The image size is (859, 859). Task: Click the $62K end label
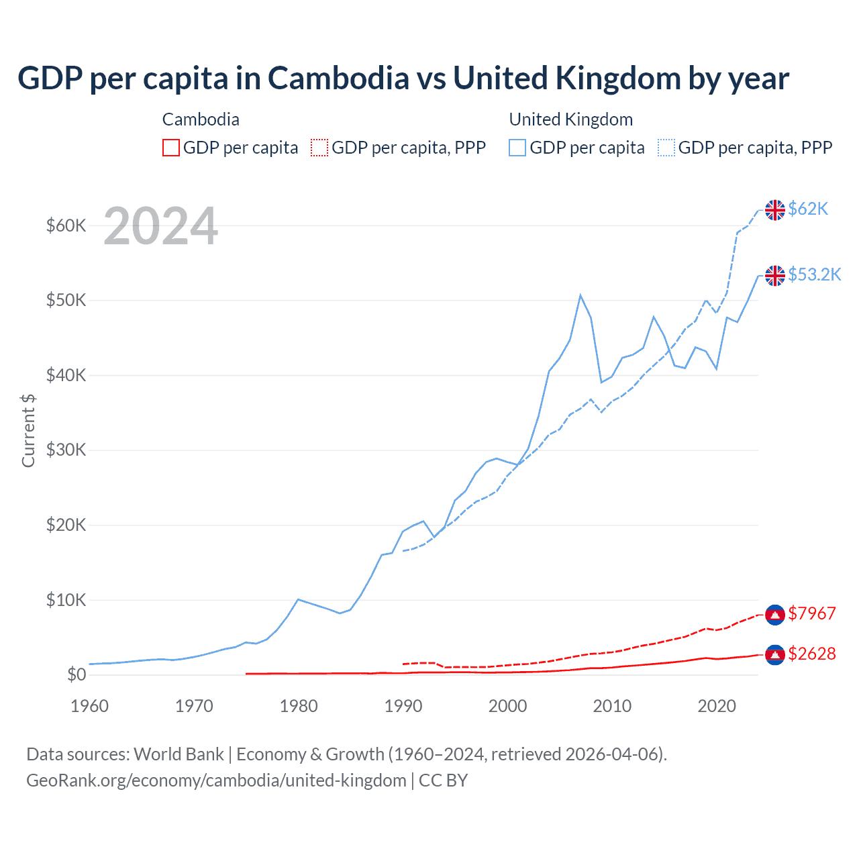point(808,209)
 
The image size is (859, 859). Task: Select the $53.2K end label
point(814,274)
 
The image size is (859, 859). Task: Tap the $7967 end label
point(812,613)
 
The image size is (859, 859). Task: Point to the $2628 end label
point(812,654)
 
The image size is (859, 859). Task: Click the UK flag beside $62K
point(775,210)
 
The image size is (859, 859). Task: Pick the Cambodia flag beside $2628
point(775,654)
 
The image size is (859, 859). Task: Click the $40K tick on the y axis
point(66,375)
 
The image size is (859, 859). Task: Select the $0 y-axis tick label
point(77,674)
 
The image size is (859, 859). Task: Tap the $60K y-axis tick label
point(66,225)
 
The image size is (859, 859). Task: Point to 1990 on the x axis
point(403,706)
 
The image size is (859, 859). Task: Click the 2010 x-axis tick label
point(612,706)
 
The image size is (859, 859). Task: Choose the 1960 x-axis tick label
point(90,706)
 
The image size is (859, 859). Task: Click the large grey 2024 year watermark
point(160,227)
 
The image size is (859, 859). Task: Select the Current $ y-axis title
point(28,430)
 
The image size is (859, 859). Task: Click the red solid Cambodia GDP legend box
point(171,148)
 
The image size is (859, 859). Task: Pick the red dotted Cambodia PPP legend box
point(319,148)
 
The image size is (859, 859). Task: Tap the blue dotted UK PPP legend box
point(666,148)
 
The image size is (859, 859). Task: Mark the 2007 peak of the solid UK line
point(580,295)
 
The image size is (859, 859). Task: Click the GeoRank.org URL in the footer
point(216,780)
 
